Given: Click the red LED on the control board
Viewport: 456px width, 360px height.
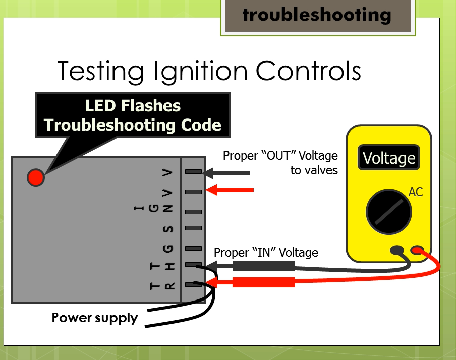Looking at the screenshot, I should coord(36,177).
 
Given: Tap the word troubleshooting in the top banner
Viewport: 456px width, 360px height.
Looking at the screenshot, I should coord(316,15).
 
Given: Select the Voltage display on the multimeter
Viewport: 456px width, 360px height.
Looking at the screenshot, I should coord(389,158).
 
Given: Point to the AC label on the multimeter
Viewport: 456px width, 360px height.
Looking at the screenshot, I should coord(416,192).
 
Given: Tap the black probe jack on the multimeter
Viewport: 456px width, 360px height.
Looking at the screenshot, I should coord(397,250).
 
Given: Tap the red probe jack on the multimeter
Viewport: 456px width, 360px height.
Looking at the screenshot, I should coord(418,250).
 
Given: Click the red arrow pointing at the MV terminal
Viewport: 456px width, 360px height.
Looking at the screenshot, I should coord(230,190).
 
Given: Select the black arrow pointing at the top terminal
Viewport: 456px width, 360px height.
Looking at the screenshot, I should coord(227,173).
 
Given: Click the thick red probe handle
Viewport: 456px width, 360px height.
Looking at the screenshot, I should coord(263,282).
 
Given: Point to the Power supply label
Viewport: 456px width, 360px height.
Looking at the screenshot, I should coord(95,318).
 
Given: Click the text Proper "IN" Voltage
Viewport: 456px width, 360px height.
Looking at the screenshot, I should coord(266,252).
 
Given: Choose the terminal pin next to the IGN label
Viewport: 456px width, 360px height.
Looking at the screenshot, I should coord(193,212).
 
